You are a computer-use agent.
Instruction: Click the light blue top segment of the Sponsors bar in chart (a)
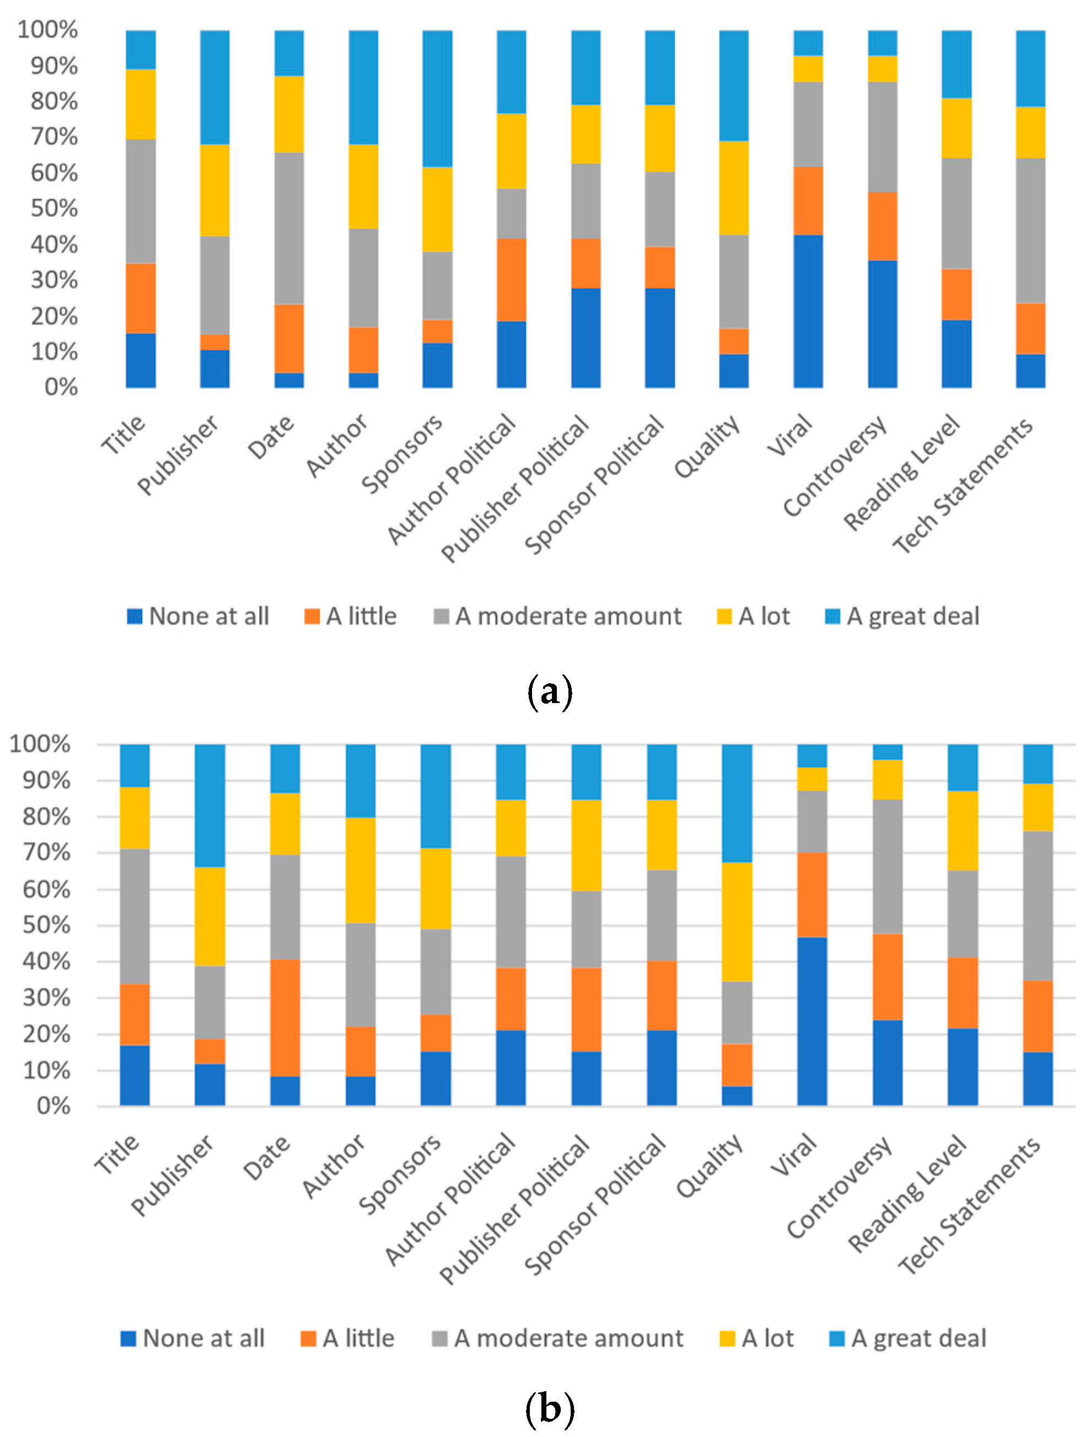[x=437, y=98]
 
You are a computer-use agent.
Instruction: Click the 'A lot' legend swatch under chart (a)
[x=724, y=616]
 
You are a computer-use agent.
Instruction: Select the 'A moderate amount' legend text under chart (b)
[x=568, y=1338]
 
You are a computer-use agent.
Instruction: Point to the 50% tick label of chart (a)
[x=55, y=208]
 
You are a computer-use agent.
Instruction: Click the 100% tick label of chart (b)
[x=40, y=744]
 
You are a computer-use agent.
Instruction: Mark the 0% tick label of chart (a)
[x=61, y=387]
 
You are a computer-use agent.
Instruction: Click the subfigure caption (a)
[x=550, y=691]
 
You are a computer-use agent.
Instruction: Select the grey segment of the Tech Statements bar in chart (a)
[x=1030, y=230]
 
